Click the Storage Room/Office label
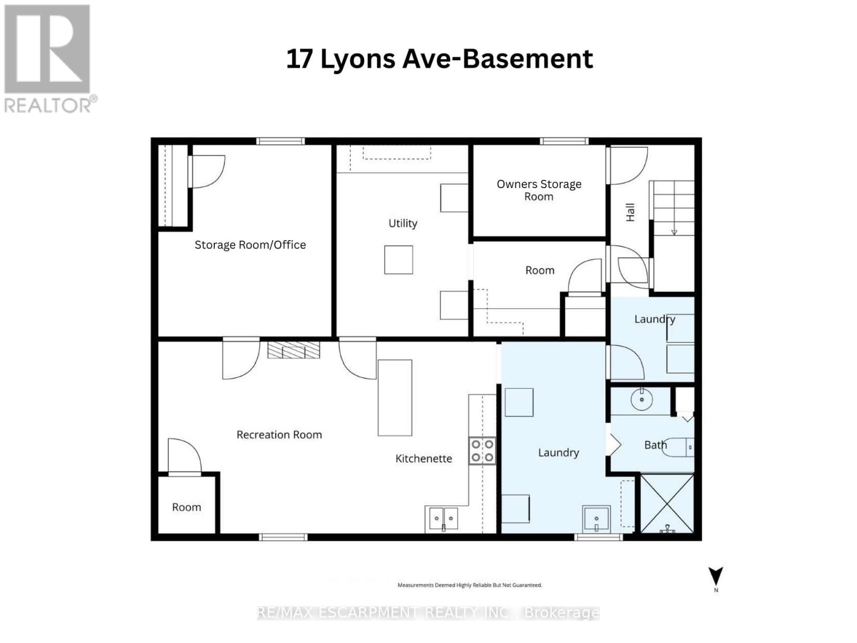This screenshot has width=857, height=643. pos(250,245)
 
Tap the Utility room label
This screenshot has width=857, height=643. pos(403,223)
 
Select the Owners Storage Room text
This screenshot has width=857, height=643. pos(539,190)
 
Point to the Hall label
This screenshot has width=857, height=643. pos(630,212)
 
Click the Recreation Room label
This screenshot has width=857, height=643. pos(279,435)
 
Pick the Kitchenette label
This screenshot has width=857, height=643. pos(424,459)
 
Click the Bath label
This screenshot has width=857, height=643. pos(655,445)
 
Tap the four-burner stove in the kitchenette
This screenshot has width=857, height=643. pos(482,451)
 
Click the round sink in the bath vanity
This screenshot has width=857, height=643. pos(641,399)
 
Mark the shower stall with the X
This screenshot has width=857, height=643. pos(667,503)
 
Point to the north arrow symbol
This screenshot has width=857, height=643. pos(716,577)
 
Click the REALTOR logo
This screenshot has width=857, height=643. pos(48,59)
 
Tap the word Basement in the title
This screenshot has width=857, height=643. pos(528,59)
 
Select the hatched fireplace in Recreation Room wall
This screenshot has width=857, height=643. pos(294,350)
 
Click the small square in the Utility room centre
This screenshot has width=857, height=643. pos(399,260)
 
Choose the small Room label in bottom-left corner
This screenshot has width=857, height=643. pos(186,507)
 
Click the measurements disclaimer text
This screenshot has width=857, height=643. pos(469,585)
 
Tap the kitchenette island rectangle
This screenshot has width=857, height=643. pos(395,398)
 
